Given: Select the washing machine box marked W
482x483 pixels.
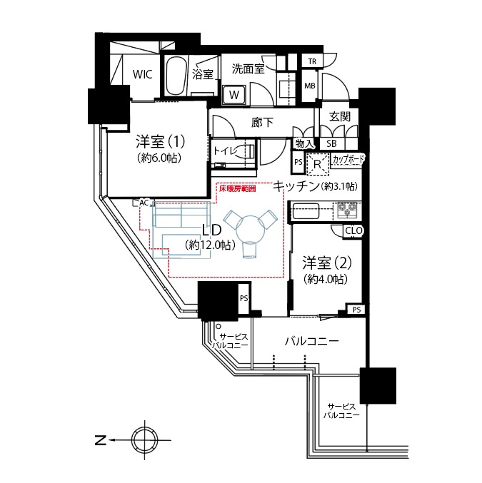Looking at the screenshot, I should tap(234, 93).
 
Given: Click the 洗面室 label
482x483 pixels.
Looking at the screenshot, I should tap(248, 69).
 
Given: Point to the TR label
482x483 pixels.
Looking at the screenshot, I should tap(311, 62).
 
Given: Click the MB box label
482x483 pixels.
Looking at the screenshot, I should tap(310, 86).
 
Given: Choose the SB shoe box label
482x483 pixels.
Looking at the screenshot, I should tap(331, 143).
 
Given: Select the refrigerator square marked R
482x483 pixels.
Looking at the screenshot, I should tap(317, 163).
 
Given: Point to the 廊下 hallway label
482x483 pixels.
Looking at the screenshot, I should tap(262, 122).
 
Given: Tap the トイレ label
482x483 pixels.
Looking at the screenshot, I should tap(228, 151).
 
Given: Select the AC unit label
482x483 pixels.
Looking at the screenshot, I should tap(144, 203).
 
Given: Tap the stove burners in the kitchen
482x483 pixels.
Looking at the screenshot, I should tap(348, 210).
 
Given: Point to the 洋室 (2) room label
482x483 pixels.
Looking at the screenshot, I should tap(324, 262).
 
